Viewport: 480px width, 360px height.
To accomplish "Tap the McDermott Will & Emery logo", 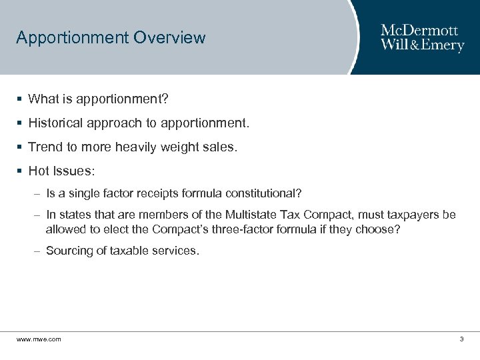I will coord(422,38).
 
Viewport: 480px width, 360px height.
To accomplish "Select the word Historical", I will coord(58,123).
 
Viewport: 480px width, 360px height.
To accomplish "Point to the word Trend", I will coord(44,147).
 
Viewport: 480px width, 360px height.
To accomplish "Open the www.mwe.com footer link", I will coord(39,339).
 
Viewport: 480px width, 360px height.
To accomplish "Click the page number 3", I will coord(461,339).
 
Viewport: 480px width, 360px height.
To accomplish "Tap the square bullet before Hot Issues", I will coord(20,171).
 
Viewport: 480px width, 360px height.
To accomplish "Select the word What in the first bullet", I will coord(44,99).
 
